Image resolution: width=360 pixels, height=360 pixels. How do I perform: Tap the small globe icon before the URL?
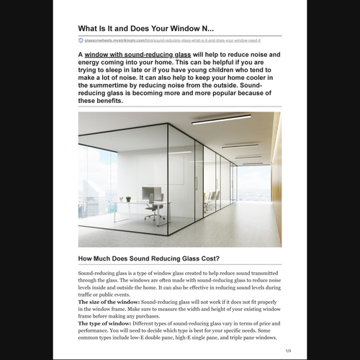point(81,40)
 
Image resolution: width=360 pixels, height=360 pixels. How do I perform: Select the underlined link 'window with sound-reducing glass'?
point(137,54)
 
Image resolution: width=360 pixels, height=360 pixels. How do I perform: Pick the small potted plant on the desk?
point(127,198)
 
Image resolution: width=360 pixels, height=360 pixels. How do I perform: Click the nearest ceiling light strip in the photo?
point(221,119)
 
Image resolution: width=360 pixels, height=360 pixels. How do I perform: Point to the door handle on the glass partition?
point(196,183)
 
